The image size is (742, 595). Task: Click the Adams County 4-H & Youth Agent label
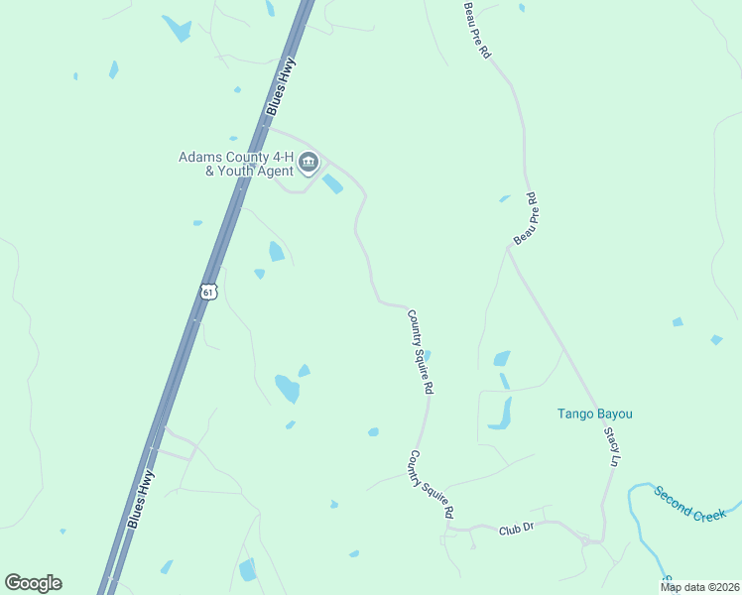[x=235, y=164]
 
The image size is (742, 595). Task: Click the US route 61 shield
[x=206, y=292]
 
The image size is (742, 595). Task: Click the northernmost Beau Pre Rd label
[x=476, y=30]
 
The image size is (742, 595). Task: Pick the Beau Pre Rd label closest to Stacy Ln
[x=526, y=219]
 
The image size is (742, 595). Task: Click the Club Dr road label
[x=516, y=530]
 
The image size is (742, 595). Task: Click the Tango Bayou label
[x=594, y=414]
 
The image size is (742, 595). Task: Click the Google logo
[x=33, y=583]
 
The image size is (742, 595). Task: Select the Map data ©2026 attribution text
[x=700, y=587]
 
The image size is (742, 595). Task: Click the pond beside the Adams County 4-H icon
[x=332, y=184]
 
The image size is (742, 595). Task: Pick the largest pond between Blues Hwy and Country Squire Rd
[x=288, y=388]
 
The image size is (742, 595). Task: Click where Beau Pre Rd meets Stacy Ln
[x=509, y=247]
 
